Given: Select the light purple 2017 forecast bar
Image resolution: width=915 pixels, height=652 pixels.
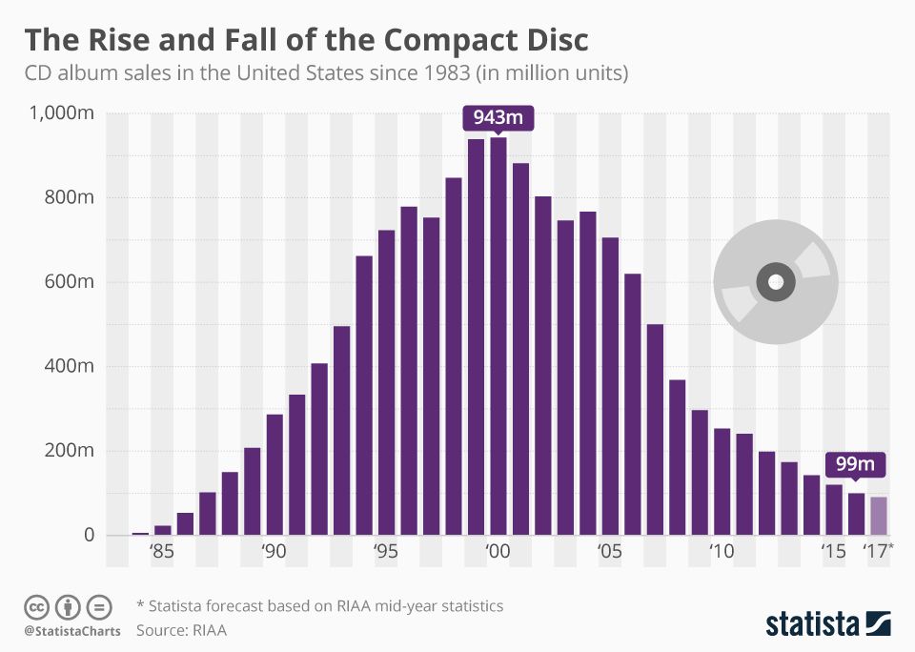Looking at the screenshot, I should [878, 516].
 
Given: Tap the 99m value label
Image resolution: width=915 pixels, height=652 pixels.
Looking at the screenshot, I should [856, 464].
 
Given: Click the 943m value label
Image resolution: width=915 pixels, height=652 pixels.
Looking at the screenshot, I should [498, 119].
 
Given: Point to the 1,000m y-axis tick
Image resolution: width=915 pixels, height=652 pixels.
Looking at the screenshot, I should [60, 113].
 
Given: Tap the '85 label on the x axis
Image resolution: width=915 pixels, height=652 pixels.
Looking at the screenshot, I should [162, 552].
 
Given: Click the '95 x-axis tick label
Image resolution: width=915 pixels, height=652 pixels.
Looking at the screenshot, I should [386, 552].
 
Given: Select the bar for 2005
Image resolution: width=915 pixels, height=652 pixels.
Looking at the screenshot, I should [610, 386].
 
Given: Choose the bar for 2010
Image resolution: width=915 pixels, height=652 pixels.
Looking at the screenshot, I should [722, 481].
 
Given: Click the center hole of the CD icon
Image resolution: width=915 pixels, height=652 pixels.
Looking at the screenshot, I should [775, 282].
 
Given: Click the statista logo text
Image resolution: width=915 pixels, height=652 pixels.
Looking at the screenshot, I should [811, 624].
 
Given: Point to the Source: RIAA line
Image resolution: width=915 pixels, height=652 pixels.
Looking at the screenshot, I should [181, 630].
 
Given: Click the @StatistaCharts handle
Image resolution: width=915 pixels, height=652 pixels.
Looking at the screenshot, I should [72, 631].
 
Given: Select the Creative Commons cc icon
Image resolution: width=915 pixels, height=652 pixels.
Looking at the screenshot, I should [36, 607].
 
